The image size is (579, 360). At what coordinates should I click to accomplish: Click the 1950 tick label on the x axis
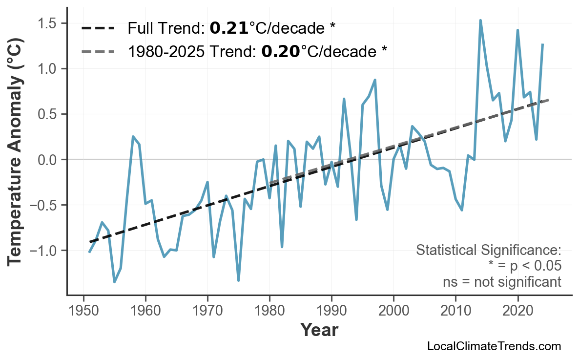coord(83,311)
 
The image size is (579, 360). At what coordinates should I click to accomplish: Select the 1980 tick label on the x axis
coord(269,311)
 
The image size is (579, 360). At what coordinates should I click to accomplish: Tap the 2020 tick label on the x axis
coord(517,311)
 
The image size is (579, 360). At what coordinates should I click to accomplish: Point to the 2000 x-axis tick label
coord(393,311)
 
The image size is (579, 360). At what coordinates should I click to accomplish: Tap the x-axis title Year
coord(319,331)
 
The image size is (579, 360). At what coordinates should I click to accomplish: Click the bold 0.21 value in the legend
coord(229,28)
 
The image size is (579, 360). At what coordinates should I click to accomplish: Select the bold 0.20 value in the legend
coord(281,51)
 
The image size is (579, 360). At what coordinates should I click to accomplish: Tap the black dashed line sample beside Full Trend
coord(98,28)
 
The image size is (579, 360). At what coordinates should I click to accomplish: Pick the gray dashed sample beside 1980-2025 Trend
coord(98,51)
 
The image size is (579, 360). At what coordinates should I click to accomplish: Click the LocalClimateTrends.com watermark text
coord(494,347)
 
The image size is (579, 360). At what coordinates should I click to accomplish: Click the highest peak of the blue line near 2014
coord(480,20)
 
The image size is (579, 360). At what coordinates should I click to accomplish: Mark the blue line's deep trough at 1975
coord(238,280)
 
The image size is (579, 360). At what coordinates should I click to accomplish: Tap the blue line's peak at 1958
coord(133,137)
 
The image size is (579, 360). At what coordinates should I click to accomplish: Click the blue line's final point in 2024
coord(542,44)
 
